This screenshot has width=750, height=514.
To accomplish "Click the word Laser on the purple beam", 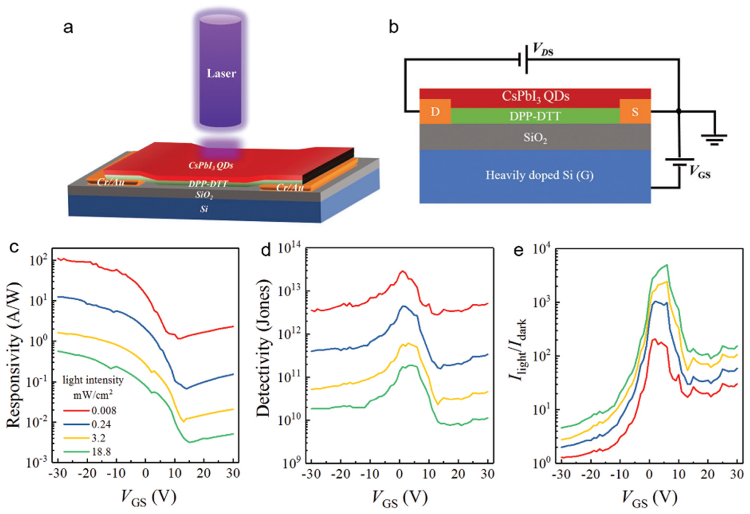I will click(x=221, y=74).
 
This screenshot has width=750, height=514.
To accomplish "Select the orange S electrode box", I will click(x=635, y=112).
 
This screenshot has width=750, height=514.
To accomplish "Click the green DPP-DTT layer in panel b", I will click(x=535, y=116).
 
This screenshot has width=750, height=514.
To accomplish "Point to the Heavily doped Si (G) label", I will click(x=539, y=175).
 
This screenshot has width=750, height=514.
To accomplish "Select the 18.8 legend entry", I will click(x=101, y=452).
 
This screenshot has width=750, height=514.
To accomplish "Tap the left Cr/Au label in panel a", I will click(x=111, y=182).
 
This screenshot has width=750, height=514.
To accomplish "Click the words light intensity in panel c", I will click(x=93, y=380).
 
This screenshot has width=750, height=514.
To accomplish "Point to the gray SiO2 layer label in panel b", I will click(x=535, y=138).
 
